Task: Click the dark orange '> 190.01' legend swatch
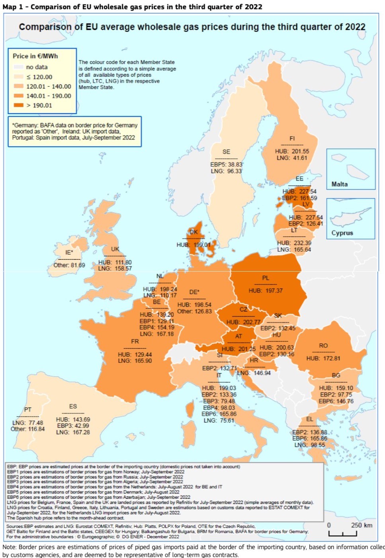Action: pos(19,105)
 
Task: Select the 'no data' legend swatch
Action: pos(19,67)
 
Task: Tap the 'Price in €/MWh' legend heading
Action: pos(35,56)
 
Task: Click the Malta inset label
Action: pos(339,184)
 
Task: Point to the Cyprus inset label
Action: pos(342,233)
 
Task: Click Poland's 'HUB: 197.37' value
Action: pos(266,291)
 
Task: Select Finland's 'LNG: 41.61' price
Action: pos(292,158)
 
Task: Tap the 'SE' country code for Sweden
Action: pos(226,152)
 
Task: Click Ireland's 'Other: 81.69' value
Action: pos(69,265)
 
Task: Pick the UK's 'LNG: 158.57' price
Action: pos(115,268)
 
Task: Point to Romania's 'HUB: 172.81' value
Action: pos(323,358)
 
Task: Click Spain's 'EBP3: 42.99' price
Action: pos(73,426)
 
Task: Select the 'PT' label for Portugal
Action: pos(27,409)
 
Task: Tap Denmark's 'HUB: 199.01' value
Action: pos(193,245)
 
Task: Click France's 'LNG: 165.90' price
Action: pos(135,361)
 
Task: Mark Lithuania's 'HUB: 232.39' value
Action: pos(294,243)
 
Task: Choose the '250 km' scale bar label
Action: pos(362,525)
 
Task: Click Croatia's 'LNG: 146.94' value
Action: pos(254,373)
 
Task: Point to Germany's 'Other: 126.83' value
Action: pos(194,311)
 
